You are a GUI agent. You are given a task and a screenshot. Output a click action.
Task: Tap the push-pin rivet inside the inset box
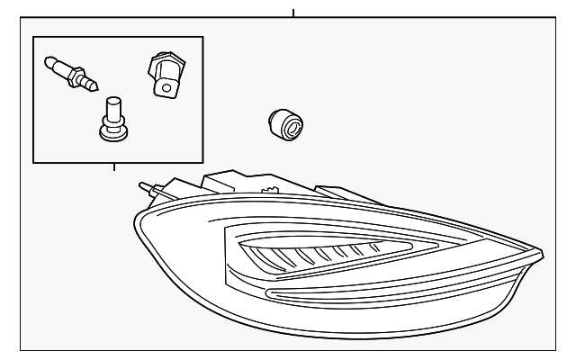(112, 119)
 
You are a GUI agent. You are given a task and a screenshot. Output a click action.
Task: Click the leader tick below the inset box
(113, 166)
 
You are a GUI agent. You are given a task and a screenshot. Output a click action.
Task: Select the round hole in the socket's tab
(165, 87)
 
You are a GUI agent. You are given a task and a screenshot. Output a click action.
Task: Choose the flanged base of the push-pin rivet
(112, 132)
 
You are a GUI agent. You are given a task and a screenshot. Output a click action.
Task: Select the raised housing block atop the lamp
(229, 184)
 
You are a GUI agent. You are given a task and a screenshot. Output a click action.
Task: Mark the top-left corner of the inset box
(33, 37)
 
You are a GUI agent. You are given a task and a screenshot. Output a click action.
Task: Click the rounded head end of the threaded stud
(49, 61)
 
